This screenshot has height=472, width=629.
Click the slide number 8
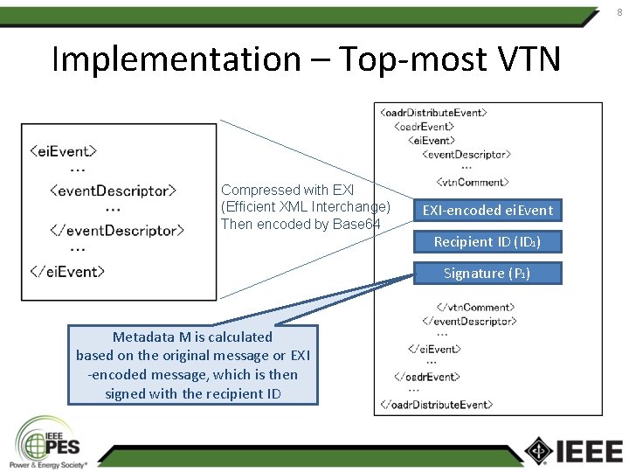coord(619,11)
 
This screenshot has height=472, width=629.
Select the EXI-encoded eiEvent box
coord(487,210)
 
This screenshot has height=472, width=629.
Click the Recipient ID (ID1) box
coord(487,241)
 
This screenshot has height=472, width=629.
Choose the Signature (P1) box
coord(487,273)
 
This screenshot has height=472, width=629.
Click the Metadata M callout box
coord(192,364)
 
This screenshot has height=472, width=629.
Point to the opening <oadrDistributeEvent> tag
coord(434,112)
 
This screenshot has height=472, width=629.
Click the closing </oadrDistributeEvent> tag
coord(437,405)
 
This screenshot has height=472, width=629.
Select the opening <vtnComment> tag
coord(472,183)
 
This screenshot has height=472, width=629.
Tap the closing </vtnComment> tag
coord(474,307)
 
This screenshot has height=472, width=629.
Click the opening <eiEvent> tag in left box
coord(63,150)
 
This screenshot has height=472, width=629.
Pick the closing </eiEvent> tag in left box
coord(67,271)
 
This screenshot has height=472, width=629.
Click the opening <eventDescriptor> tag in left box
coord(114,190)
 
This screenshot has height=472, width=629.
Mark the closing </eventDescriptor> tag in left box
coord(117,231)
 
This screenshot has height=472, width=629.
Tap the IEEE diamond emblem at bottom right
coord(539,450)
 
